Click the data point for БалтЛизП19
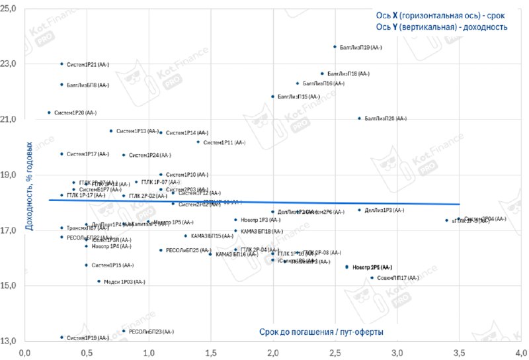coord(335,47)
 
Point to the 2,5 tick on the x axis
coord(335,353)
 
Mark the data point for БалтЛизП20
coord(360,118)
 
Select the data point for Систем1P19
coord(61,337)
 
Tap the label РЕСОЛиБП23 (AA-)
coord(151,331)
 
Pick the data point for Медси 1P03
coord(99,281)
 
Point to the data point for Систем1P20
coord(49,112)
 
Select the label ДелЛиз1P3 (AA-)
coord(385,210)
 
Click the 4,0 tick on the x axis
coord(521,353)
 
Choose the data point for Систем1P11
coord(198,142)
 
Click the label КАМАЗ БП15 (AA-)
coord(215,236)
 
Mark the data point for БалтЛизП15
coord(272,97)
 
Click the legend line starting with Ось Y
coord(442,27)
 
